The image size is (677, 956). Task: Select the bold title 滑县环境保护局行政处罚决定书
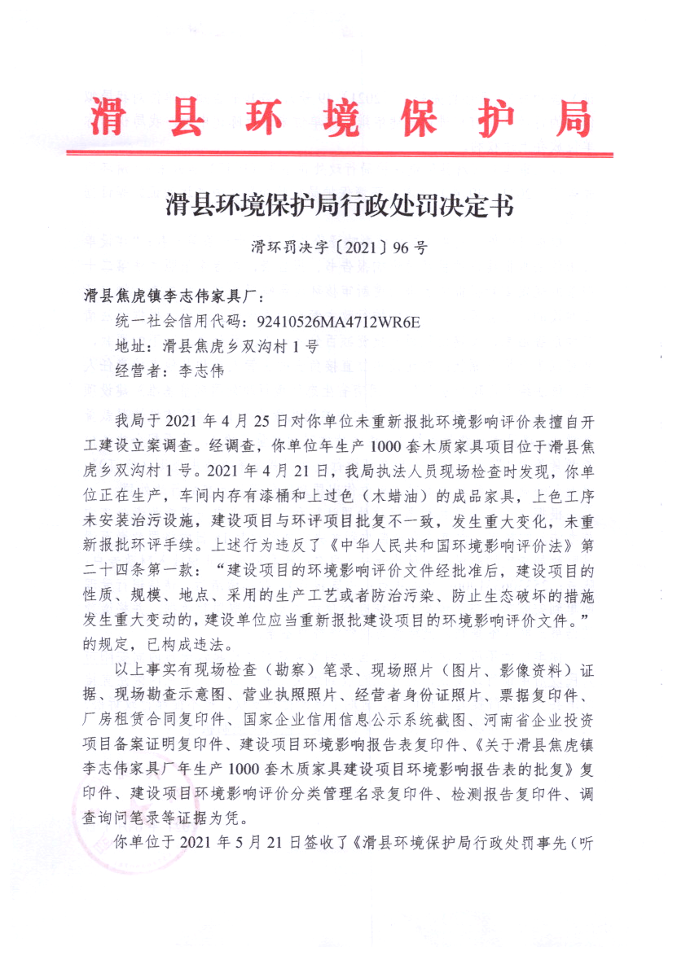340,204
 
